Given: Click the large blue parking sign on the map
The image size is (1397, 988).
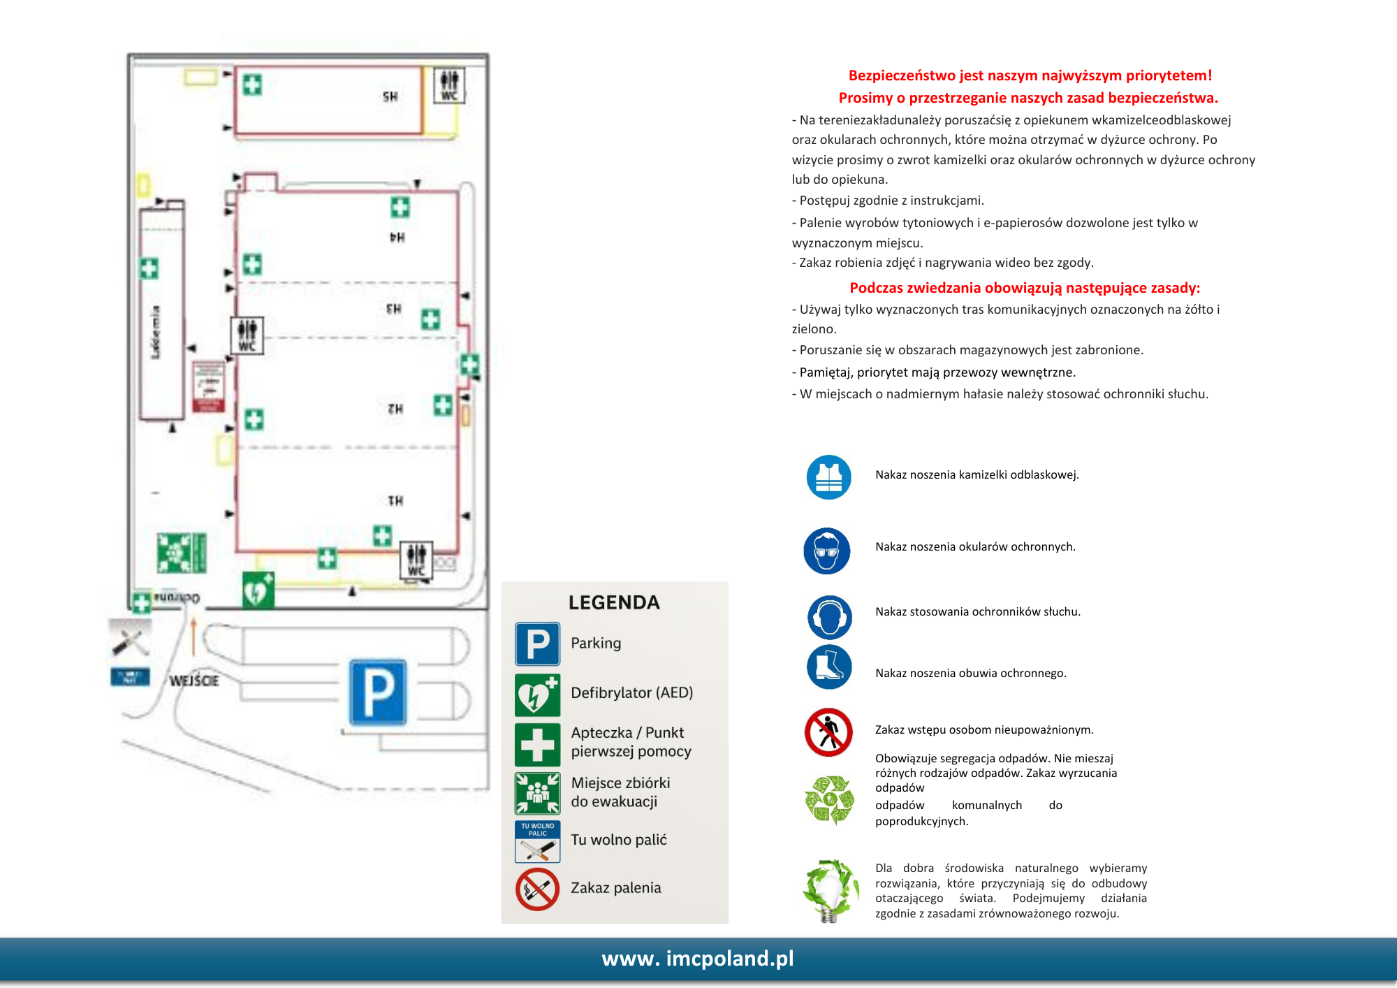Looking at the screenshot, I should point(378,692).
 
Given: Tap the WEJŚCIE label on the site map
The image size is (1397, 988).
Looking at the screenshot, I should point(194,681).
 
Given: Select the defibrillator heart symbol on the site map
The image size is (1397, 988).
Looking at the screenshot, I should point(258,590).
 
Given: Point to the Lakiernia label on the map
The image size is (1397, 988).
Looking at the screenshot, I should point(155,333).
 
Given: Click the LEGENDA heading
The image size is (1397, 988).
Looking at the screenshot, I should point(614,602).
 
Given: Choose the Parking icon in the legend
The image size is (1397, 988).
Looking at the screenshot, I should point(537,644).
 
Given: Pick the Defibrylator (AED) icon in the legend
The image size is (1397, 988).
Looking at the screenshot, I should point(537,695).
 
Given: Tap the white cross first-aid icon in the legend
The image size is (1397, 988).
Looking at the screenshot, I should point(537,745).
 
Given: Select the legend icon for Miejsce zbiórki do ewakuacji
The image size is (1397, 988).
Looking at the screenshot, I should point(537,793).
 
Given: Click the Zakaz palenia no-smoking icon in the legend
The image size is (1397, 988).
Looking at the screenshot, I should point(537,889).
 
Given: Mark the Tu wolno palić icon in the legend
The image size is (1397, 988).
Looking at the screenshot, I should point(537,841).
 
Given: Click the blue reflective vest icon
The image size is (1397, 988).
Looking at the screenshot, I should point(828,477).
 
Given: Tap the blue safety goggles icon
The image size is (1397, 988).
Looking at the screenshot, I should point(827,551).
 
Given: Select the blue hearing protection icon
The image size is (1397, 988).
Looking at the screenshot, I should point(829,617).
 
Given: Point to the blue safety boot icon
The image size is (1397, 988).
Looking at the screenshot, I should point(829,667).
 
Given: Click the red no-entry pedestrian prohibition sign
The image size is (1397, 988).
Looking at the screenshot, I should point(828,732).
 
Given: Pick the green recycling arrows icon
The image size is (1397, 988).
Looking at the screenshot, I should point(829,799).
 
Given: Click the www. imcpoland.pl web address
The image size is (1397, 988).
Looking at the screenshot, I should point(698,958).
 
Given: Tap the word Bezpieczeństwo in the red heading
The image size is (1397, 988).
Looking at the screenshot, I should point(901,75).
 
